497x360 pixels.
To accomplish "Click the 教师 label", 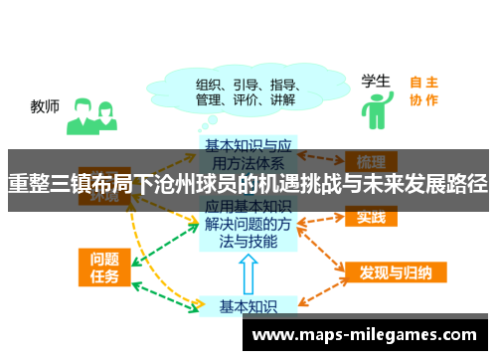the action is (x=45, y=104).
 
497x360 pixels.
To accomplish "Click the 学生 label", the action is (x=375, y=81).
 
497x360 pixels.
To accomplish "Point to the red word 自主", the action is (x=423, y=83).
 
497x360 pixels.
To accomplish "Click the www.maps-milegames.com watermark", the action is (x=365, y=334).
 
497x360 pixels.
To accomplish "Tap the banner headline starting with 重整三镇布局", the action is (x=248, y=184).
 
